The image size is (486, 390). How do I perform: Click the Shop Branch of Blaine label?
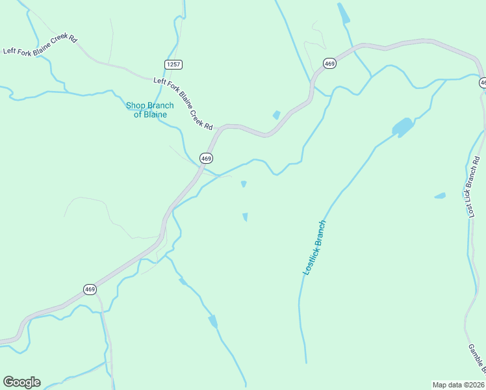pyautogui.click(x=150, y=110)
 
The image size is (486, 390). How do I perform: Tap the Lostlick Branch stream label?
pyautogui.click(x=314, y=248)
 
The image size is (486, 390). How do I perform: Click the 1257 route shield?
pyautogui.click(x=173, y=64)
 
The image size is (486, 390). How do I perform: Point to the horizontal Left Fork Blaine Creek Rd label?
pyautogui.click(x=40, y=45)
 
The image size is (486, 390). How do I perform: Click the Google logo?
pyautogui.click(x=21, y=382)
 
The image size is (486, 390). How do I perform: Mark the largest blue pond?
pyautogui.click(x=403, y=127)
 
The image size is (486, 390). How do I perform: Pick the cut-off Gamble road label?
pyautogui.click(x=476, y=358)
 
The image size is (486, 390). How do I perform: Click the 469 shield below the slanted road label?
pyautogui.click(x=206, y=158)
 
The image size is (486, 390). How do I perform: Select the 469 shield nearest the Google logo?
pyautogui.click(x=90, y=289)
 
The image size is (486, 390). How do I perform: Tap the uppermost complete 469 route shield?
pyautogui.click(x=329, y=63)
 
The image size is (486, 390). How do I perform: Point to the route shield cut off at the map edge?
pyautogui.click(x=483, y=83)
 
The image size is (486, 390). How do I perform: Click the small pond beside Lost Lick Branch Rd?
pyautogui.click(x=440, y=195)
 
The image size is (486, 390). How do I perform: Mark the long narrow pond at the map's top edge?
pyautogui.click(x=343, y=13)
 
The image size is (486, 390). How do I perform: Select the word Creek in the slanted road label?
pyautogui.click(x=195, y=112)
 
